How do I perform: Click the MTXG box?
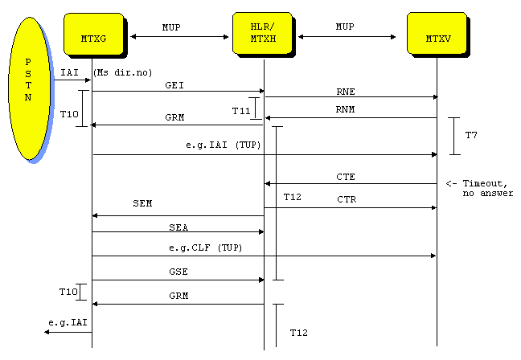pos(92,35)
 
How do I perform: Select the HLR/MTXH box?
pos(262,35)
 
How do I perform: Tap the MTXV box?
pos(437,35)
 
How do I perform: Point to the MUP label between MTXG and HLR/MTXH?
pos(171,27)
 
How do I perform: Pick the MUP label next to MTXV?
pos(346,27)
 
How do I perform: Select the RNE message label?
pos(346,91)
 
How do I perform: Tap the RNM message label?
pos(346,110)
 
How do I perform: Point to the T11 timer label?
pos(240,110)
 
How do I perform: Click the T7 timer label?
pos(471,135)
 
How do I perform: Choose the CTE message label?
pos(346,176)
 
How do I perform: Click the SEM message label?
pos(142,204)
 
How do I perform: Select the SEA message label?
pos(178,227)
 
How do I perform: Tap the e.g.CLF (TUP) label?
pos(206,247)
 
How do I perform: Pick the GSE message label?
pos(178,272)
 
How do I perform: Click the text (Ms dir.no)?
pos(122,73)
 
